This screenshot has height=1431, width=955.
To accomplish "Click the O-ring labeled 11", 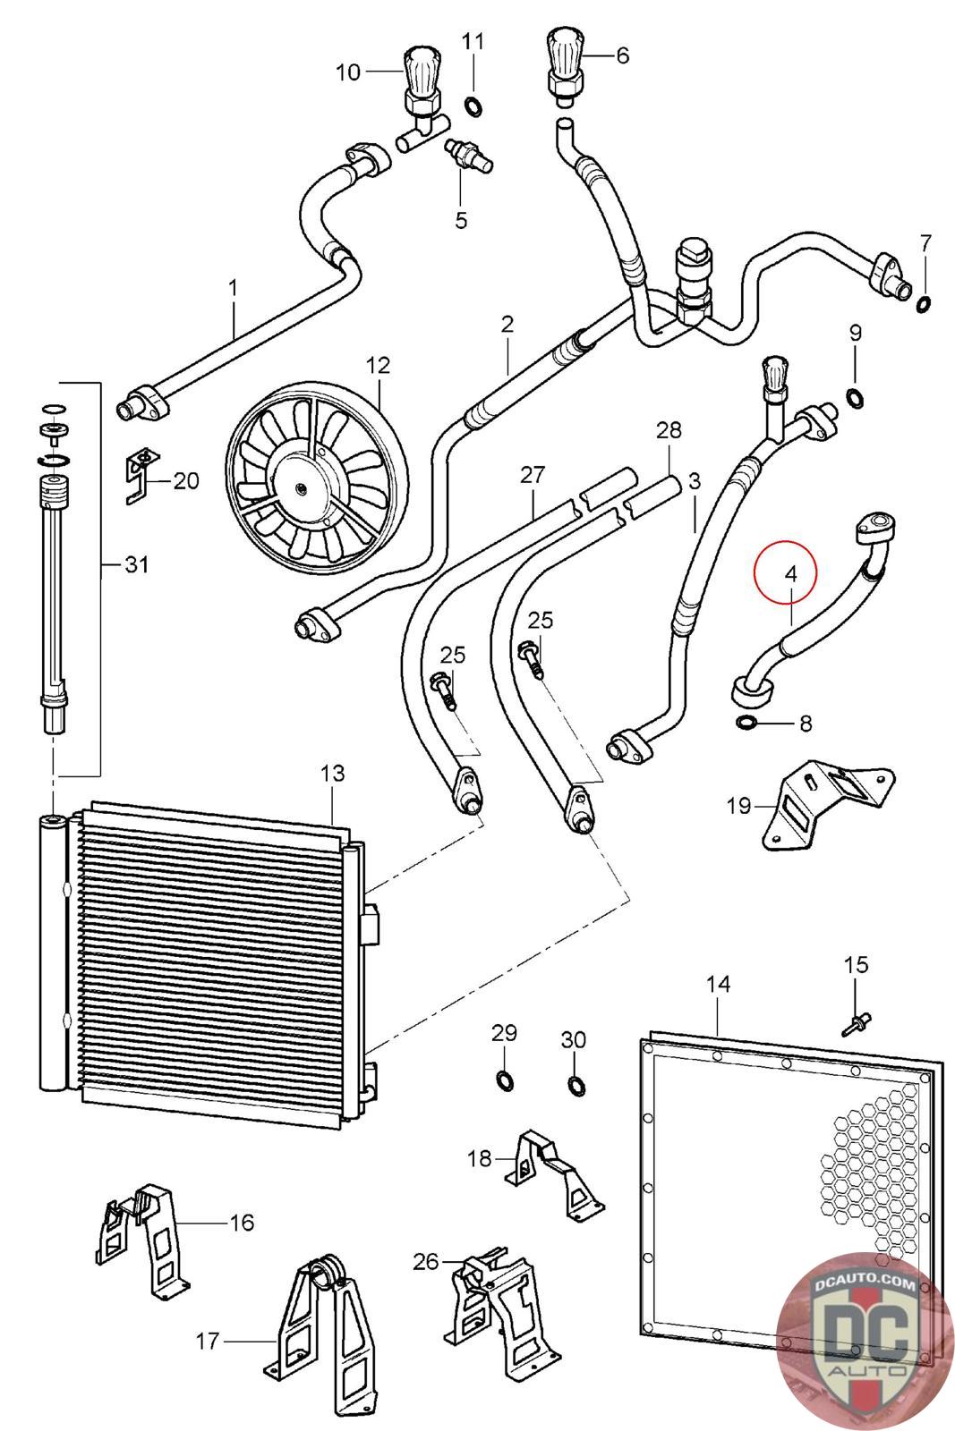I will pyautogui.click(x=473, y=107).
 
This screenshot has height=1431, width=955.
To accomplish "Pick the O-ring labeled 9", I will pyautogui.click(x=856, y=396).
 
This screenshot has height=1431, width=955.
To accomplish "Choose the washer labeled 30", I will pyautogui.click(x=575, y=1086).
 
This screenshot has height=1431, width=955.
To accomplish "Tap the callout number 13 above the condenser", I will pyautogui.click(x=332, y=774).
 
